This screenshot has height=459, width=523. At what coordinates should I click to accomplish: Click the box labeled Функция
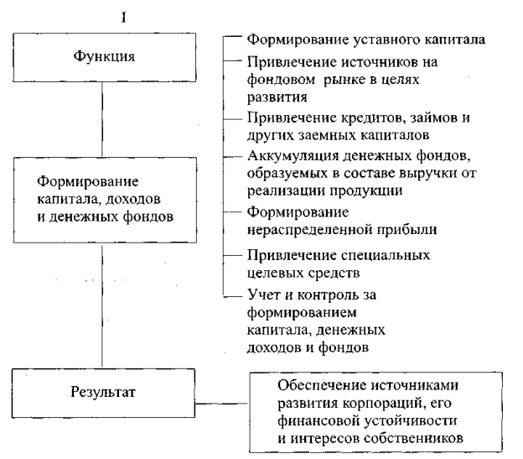(x=101, y=60)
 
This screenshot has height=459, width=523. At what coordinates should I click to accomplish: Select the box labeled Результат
(x=101, y=392)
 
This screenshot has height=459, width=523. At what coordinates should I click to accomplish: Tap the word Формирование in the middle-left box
(x=89, y=181)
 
